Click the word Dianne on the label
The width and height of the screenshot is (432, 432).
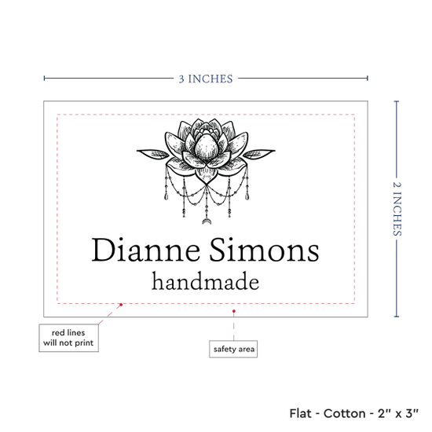point(146,250)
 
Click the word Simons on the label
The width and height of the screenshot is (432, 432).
point(264,250)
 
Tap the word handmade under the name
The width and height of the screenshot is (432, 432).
point(206,281)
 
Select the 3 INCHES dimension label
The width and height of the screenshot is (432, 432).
point(206,79)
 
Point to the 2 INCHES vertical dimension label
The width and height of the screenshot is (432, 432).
point(397,209)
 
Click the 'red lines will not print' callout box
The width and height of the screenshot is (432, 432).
point(68,338)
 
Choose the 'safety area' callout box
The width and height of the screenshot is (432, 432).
point(233,349)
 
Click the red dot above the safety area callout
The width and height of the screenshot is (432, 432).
point(233,311)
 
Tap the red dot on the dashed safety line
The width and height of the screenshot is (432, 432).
point(121,305)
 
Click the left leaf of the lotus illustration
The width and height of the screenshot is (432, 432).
point(153,153)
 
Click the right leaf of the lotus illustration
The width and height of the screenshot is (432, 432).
point(259,153)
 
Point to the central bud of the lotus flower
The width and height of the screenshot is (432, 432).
point(207,146)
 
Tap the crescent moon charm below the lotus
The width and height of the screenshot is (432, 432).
point(207,221)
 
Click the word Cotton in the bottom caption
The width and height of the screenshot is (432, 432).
point(344,413)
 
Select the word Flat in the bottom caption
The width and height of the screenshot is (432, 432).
point(300,413)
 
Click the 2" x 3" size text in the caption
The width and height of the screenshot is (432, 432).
point(398,413)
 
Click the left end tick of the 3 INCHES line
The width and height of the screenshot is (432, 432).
point(44,79)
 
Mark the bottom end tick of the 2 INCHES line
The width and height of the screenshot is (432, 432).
point(397,317)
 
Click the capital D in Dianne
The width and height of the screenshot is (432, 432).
point(103,250)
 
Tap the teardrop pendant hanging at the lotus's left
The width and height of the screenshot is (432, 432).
point(166,196)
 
